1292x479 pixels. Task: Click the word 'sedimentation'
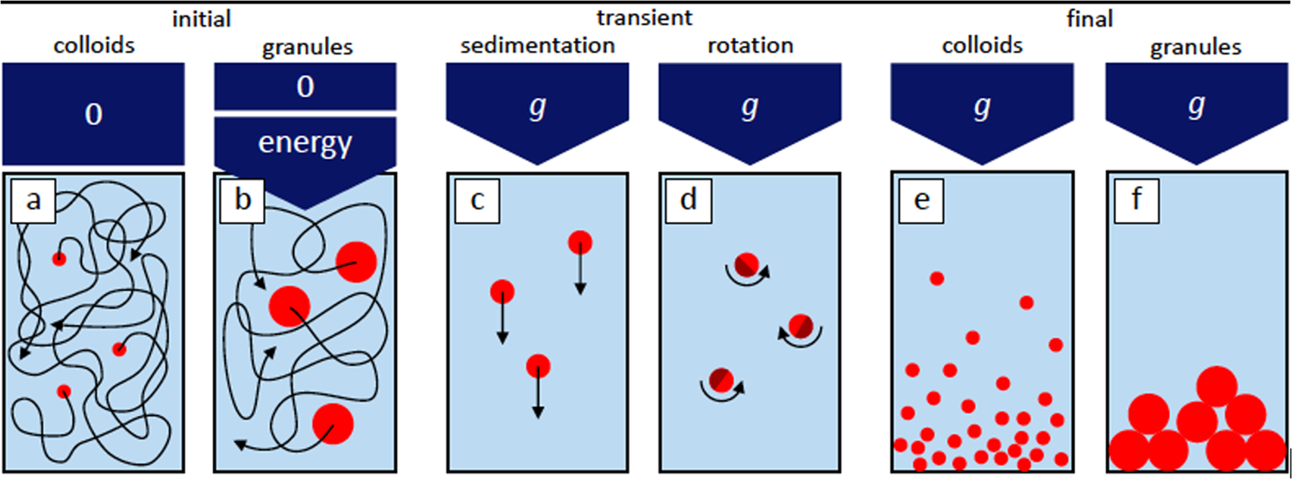[531, 46]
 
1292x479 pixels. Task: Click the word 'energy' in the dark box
[306, 144]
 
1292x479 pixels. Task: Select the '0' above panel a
[93, 115]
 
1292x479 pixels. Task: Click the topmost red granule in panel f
[1217, 386]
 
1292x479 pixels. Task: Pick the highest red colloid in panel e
[936, 278]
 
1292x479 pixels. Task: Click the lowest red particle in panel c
[538, 366]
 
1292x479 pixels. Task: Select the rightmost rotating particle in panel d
[801, 325]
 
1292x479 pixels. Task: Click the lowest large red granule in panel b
[333, 423]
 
